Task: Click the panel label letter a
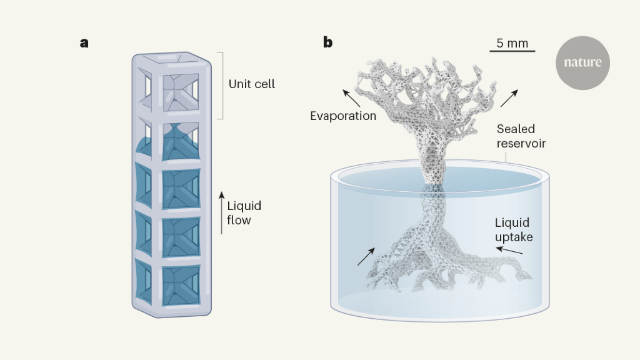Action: [x=84, y=43]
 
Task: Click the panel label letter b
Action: [x=327, y=42]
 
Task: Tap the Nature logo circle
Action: [x=582, y=62]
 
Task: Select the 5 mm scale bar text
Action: [x=512, y=43]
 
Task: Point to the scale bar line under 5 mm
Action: [x=512, y=51]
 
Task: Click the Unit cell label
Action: [x=251, y=84]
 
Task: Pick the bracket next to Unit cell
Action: [x=221, y=85]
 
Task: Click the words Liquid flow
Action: [x=244, y=212]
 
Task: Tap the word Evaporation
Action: [x=343, y=116]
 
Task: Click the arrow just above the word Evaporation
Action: [x=351, y=97]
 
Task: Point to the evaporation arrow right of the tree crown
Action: [x=509, y=97]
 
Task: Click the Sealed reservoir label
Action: [x=521, y=136]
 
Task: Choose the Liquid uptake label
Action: [x=513, y=229]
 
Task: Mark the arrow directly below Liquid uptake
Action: [x=509, y=251]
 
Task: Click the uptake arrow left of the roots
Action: [x=366, y=256]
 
